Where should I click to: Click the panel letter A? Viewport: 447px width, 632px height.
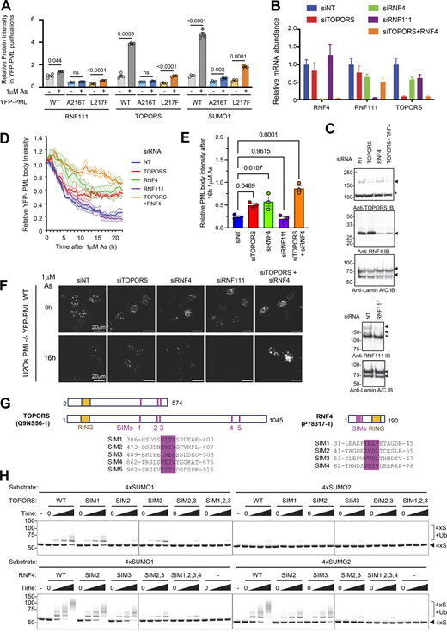point(6,6)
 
